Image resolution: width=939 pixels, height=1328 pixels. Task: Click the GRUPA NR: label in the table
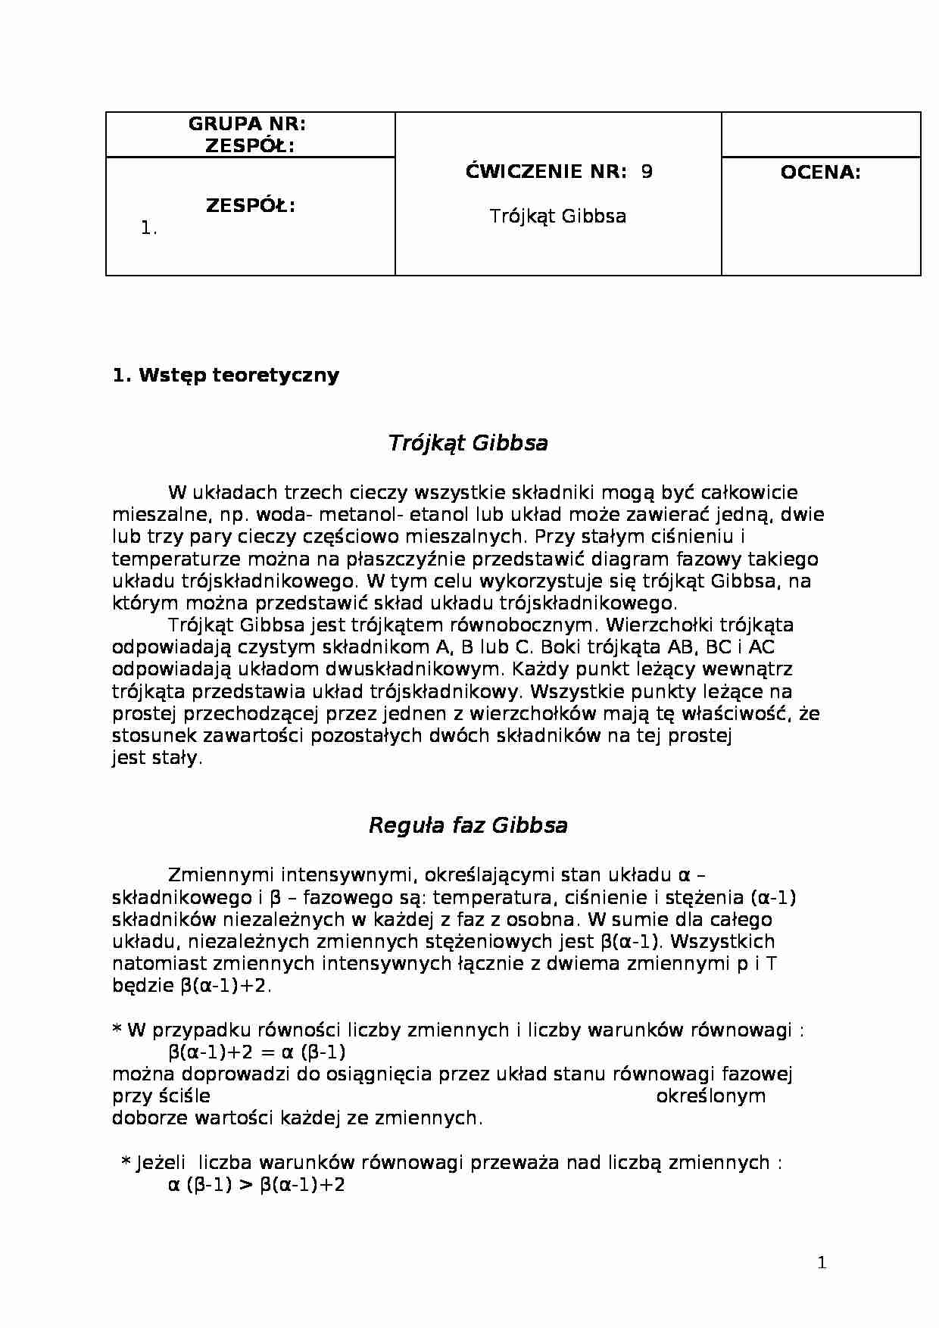click(x=246, y=124)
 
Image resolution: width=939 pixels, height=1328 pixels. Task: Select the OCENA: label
click(x=820, y=173)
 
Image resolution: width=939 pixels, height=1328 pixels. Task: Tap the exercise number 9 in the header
click(x=646, y=172)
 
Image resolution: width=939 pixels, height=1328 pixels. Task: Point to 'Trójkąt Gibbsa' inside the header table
click(x=557, y=217)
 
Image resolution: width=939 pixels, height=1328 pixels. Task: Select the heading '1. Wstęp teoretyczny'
click(x=226, y=376)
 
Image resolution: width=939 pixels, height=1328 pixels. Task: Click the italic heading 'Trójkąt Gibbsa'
click(x=467, y=443)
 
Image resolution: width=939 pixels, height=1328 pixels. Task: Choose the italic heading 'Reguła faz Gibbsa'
click(x=467, y=825)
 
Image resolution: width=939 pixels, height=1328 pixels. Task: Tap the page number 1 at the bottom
click(x=822, y=1263)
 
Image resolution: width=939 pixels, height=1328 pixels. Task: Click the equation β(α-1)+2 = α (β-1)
click(x=257, y=1052)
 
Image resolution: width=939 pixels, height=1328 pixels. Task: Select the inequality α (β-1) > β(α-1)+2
click(x=256, y=1185)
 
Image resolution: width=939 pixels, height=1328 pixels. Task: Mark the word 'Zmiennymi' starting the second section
click(x=220, y=876)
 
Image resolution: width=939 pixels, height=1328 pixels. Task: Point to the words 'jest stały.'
click(x=158, y=758)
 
